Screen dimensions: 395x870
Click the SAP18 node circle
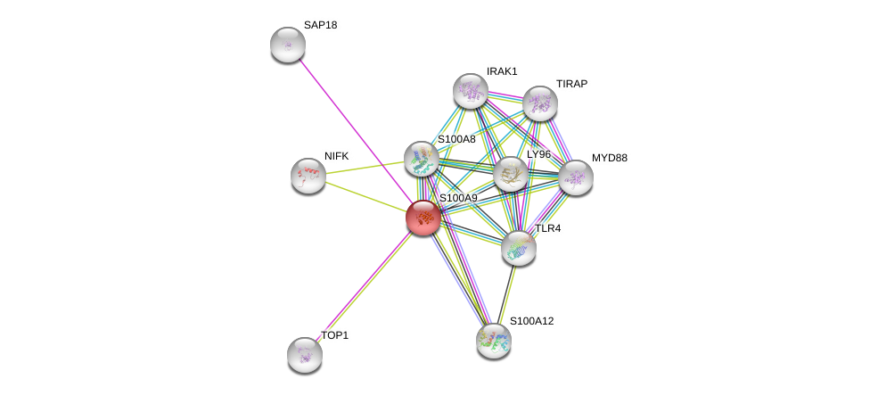pos(288,45)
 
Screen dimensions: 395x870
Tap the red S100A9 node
pos(423,217)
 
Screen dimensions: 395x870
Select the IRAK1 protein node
pos(471,91)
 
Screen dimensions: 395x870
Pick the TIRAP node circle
pos(540,103)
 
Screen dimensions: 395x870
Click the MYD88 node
pos(576,177)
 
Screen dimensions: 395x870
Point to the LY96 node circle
pos(511,175)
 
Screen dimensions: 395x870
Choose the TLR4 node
pos(519,247)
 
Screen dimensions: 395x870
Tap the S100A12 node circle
pos(494,340)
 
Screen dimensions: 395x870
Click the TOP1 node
pos(305,354)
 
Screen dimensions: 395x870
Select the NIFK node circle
pos(308,176)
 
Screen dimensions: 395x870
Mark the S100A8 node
pos(422,159)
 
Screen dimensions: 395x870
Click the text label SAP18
pos(321,25)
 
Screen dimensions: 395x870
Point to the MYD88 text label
pos(610,158)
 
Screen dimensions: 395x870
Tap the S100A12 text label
pos(531,321)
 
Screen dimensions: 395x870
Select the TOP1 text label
pos(334,335)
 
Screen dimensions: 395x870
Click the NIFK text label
pos(337,156)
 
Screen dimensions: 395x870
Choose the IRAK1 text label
pos(502,71)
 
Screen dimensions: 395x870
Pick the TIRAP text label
pos(571,84)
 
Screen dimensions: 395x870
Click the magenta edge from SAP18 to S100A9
pos(355,129)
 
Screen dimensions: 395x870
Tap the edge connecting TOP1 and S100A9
pos(364,285)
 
